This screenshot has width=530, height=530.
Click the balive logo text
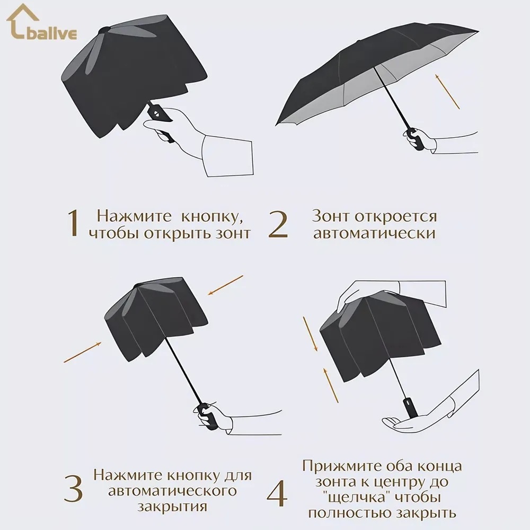(51, 34)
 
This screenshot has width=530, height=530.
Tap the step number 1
(73, 223)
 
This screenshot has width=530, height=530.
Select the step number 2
(278, 224)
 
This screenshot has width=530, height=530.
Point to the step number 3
(73, 489)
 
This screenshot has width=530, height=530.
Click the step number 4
(277, 493)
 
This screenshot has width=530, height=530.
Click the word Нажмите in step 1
(134, 216)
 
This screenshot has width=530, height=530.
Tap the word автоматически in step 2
(375, 233)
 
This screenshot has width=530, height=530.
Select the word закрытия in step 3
(172, 507)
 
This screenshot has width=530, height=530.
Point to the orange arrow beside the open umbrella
(447, 92)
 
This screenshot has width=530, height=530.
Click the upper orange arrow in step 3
(225, 285)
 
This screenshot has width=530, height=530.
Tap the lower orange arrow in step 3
(83, 352)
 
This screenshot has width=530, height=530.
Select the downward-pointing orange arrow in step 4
(310, 334)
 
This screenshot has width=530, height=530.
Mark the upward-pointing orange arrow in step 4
(331, 385)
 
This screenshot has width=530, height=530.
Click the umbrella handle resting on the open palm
(410, 407)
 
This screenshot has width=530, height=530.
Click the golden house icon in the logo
(21, 21)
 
